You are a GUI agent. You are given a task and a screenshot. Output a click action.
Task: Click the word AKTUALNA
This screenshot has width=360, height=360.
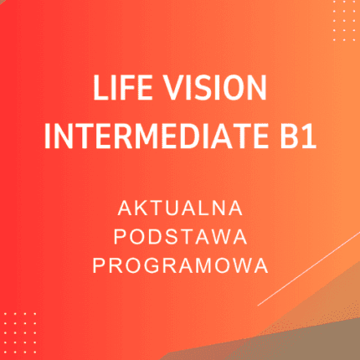(180, 206)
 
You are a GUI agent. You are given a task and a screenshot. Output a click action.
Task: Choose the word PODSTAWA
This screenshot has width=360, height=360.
(180, 235)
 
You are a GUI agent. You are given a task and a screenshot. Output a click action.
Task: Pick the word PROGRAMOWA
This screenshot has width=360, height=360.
(180, 265)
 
